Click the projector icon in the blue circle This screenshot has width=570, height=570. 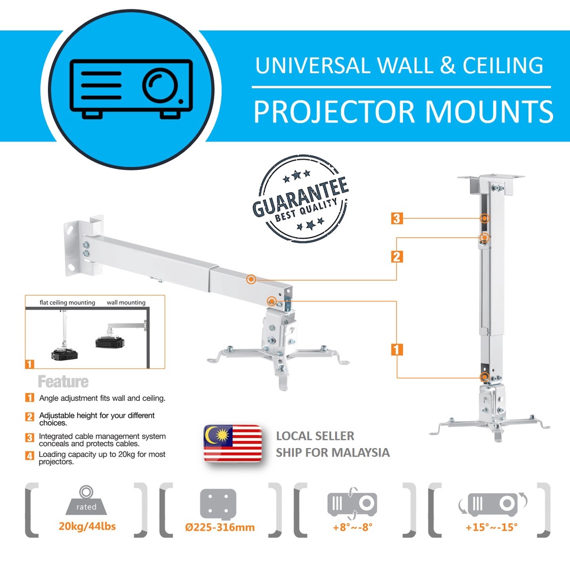tap(130, 88)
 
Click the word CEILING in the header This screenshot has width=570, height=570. tap(503, 65)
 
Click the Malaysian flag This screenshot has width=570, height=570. tap(233, 444)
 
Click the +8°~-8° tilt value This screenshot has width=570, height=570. tap(352, 527)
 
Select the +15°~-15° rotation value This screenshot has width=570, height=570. tap(489, 527)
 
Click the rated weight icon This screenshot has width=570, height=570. tap(86, 500)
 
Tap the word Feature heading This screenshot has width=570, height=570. tap(63, 382)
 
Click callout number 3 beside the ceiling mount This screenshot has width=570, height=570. tap(397, 218)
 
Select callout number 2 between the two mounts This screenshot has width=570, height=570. tap(397, 257)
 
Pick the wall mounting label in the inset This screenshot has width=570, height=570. tap(126, 303)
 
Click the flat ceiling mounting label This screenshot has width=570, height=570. tap(67, 303)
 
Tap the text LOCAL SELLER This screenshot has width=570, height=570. tap(315, 436)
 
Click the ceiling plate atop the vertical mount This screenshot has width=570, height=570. tap(491, 179)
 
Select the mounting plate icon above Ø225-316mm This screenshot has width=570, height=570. tap(219, 503)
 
